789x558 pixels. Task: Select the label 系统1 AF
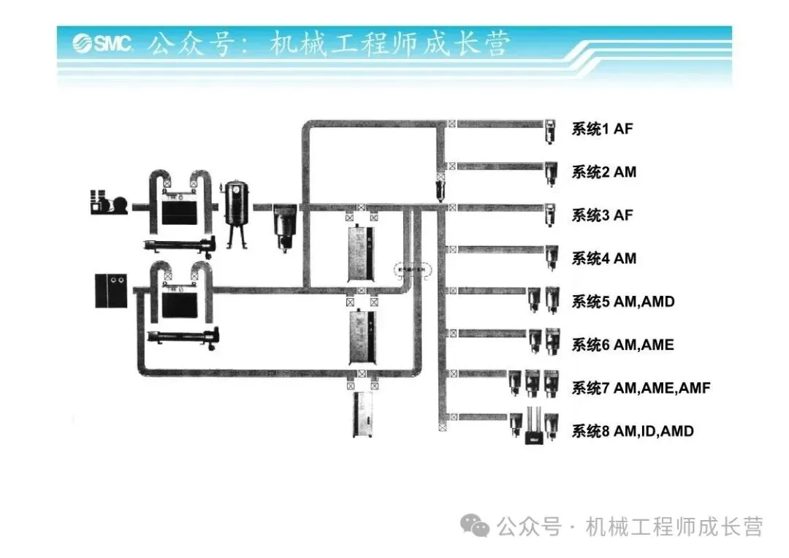[602, 129]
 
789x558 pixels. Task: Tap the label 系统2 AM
[603, 172]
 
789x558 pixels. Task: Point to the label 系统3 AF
[602, 215]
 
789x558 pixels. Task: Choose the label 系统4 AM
[603, 259]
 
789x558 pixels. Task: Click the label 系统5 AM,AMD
[622, 302]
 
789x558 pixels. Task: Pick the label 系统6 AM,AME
[622, 345]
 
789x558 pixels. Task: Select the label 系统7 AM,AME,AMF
[640, 388]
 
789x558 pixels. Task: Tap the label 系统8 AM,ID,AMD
[632, 431]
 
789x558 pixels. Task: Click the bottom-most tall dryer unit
[363, 415]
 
